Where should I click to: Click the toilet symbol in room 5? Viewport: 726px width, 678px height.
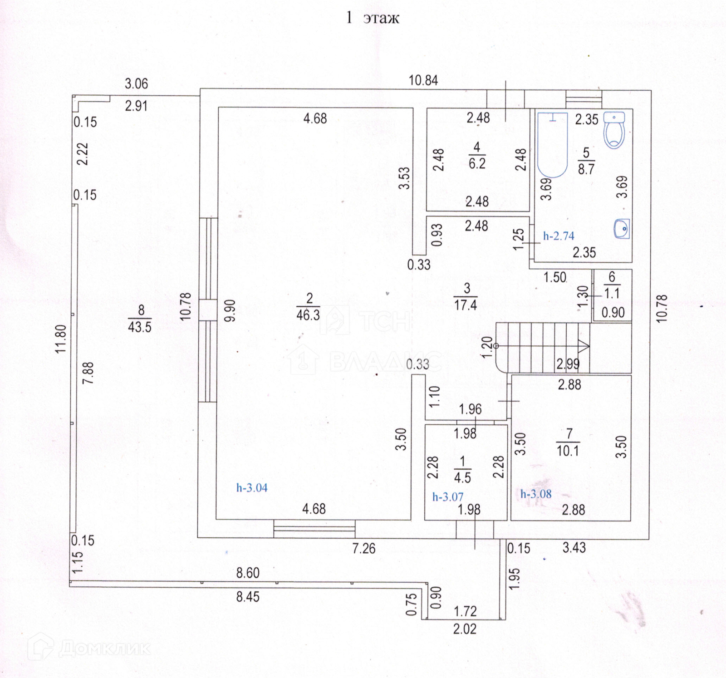click(x=614, y=130)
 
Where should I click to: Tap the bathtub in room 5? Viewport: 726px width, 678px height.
click(x=552, y=145)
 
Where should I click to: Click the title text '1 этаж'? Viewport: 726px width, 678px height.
click(x=373, y=18)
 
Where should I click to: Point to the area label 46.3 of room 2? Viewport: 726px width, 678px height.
click(x=308, y=314)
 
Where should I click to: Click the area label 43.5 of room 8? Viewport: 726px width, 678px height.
click(x=140, y=326)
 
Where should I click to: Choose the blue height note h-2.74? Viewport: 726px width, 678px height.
click(x=559, y=236)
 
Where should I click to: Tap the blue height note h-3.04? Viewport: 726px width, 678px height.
click(x=252, y=488)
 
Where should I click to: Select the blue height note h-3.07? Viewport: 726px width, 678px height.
click(x=448, y=497)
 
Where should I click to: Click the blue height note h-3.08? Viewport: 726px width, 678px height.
click(x=536, y=494)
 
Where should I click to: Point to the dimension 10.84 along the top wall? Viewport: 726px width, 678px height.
click(x=423, y=80)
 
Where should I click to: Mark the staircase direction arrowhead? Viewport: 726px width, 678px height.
click(x=584, y=346)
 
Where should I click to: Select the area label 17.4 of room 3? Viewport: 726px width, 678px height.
click(x=466, y=305)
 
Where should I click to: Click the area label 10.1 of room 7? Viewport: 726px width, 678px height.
click(x=568, y=451)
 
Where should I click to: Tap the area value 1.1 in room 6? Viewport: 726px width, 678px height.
click(x=612, y=294)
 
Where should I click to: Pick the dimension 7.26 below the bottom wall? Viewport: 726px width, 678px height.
click(x=364, y=548)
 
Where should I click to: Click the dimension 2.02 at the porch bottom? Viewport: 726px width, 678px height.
click(x=465, y=629)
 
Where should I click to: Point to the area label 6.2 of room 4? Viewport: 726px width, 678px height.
click(x=477, y=163)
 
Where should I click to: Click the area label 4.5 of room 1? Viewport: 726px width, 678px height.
click(x=463, y=477)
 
